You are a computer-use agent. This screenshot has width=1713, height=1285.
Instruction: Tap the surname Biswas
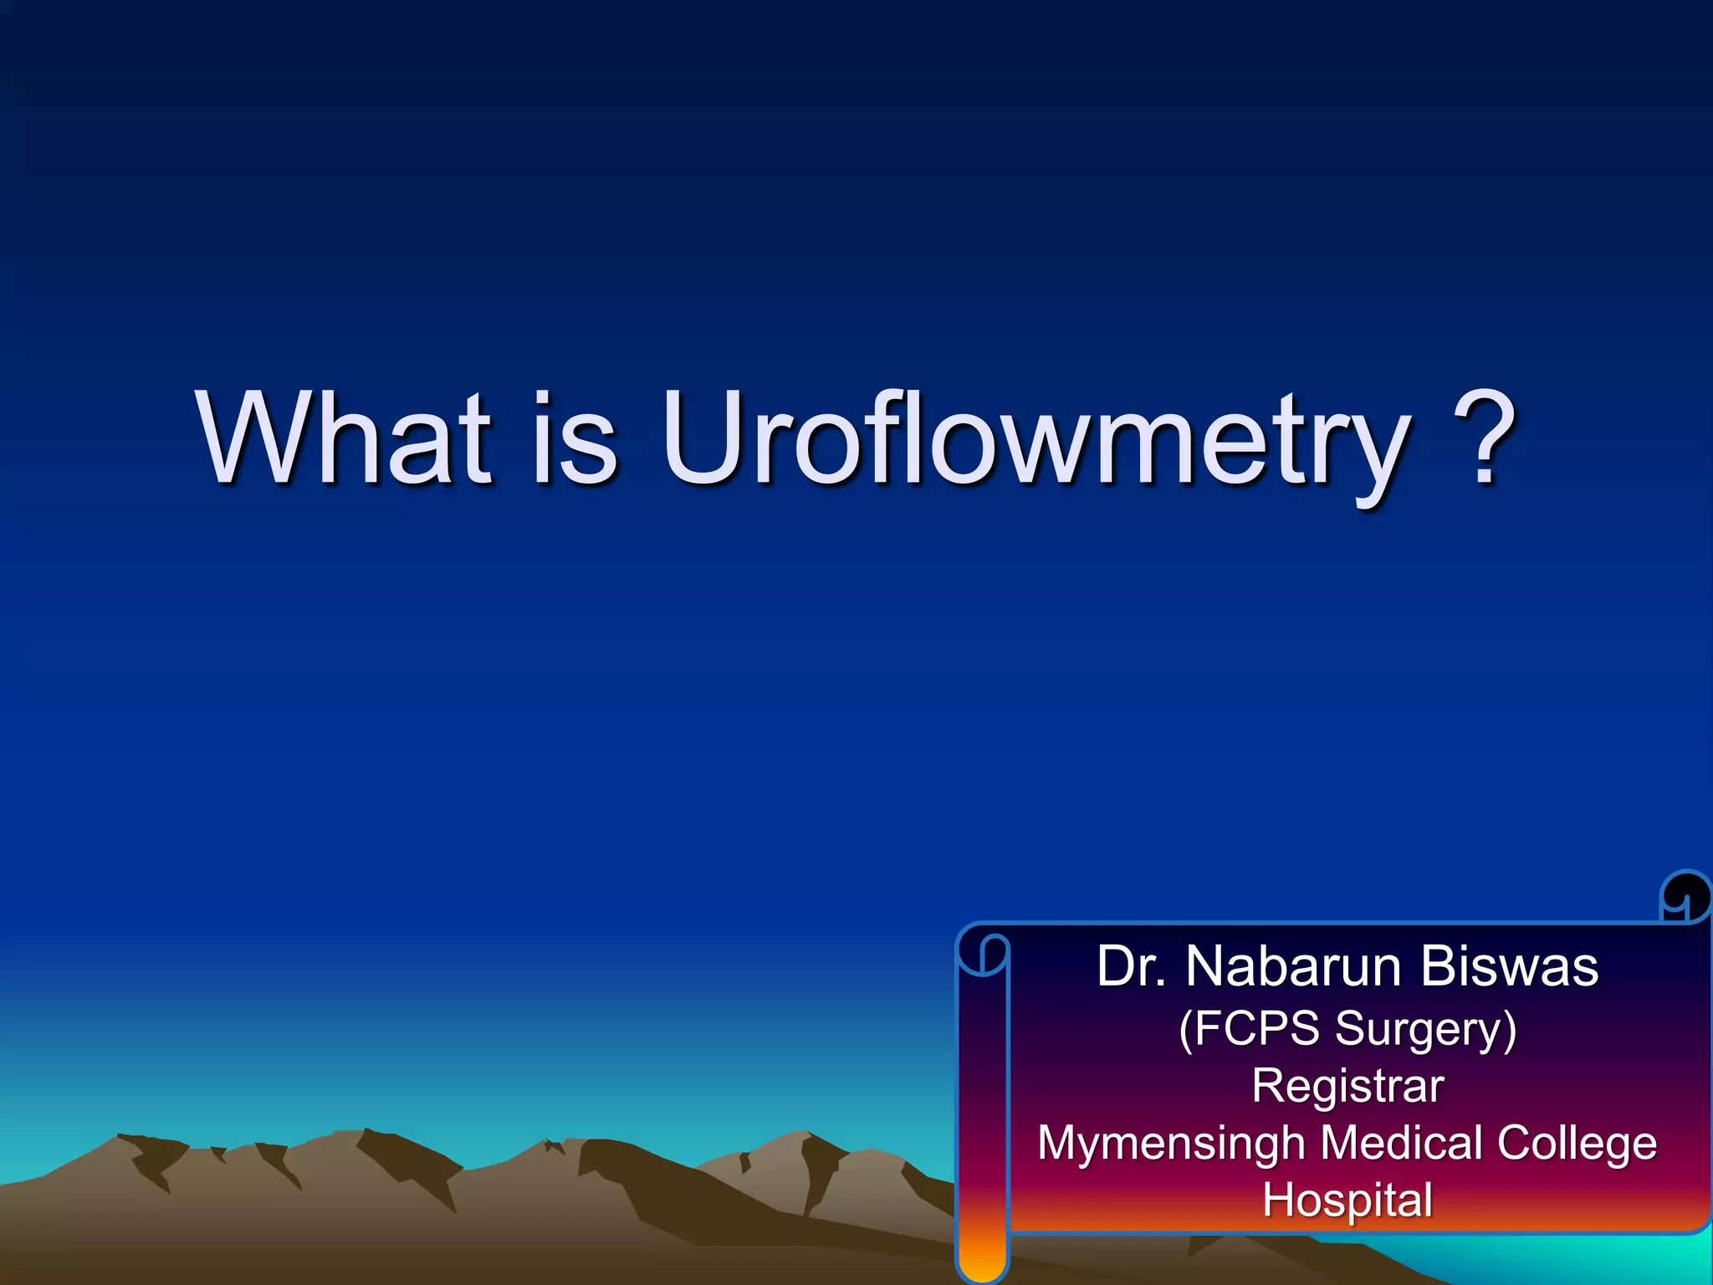(x=1509, y=966)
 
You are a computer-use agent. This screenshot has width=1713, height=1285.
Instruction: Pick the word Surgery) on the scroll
(x=1426, y=1029)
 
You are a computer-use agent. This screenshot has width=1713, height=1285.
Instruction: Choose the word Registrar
(x=1347, y=1086)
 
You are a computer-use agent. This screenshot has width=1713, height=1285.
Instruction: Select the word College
(x=1577, y=1144)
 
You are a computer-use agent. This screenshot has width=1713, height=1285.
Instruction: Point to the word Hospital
(x=1347, y=1201)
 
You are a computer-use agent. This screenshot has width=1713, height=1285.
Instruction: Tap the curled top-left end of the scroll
(x=984, y=954)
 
